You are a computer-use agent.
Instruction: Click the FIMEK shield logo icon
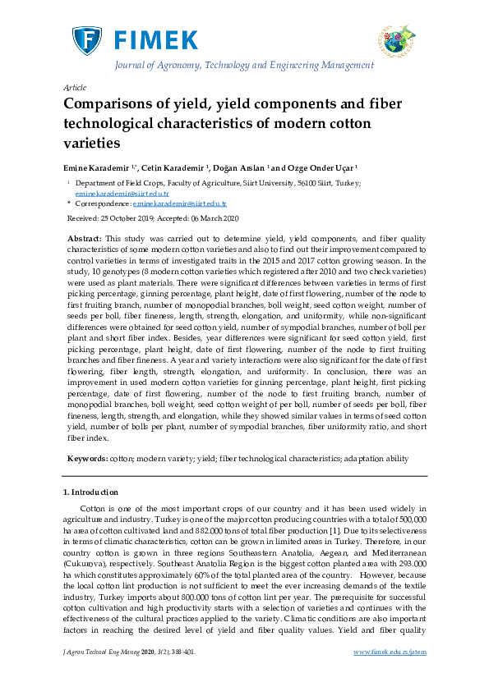85,40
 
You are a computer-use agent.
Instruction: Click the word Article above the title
74,87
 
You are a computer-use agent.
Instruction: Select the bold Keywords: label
85,458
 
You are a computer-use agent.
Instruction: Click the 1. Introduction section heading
90,492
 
